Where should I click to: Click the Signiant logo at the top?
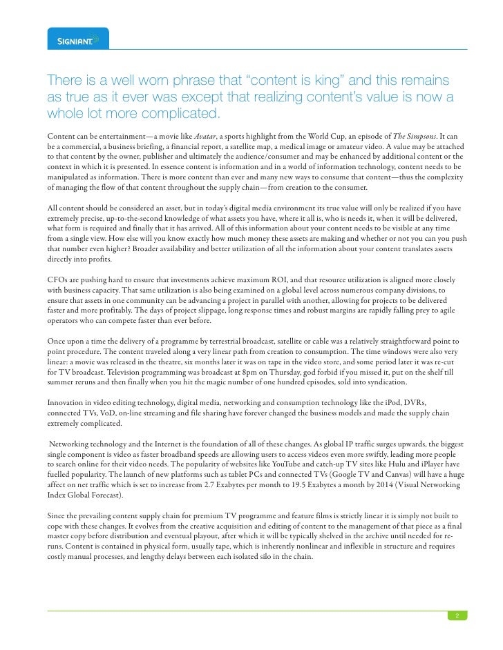(x=78, y=39)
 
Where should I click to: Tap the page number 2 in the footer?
(x=455, y=615)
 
